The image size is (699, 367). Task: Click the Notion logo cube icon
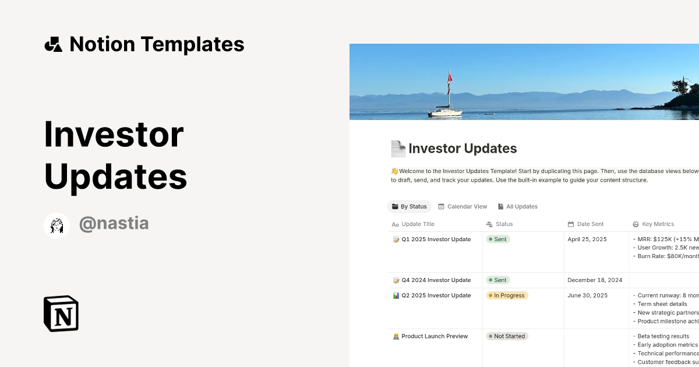(x=61, y=313)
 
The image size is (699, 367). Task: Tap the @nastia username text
(x=114, y=224)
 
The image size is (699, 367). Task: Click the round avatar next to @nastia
(x=57, y=225)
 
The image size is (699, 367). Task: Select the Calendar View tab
(x=463, y=207)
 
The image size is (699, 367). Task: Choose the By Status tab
(x=409, y=207)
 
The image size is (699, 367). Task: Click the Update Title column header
(x=418, y=224)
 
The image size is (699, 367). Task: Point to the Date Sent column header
(x=590, y=224)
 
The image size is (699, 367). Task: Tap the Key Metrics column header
(x=658, y=224)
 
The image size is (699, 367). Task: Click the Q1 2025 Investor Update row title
(x=436, y=239)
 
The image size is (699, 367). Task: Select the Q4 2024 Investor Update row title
(x=436, y=280)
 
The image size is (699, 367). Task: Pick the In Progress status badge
(x=507, y=295)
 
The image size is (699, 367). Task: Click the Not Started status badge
(x=507, y=336)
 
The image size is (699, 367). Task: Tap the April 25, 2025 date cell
(x=587, y=239)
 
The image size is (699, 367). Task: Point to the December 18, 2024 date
(x=595, y=280)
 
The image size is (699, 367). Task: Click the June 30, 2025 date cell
(x=587, y=295)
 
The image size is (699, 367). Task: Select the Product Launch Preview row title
(x=435, y=336)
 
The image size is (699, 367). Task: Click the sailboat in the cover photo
(x=446, y=108)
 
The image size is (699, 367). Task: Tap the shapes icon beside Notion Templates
(x=54, y=44)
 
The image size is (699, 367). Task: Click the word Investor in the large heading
(x=114, y=134)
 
